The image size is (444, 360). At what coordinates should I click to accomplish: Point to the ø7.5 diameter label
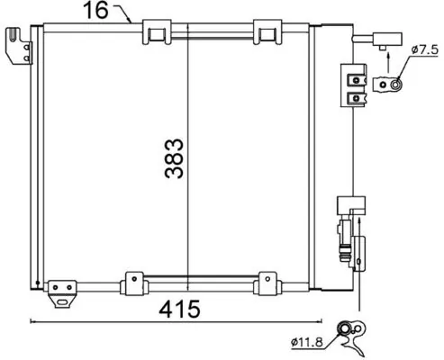coord(422,50)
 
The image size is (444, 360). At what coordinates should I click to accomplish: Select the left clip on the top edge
coord(156,32)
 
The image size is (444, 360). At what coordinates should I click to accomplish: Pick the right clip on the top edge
coord(267,32)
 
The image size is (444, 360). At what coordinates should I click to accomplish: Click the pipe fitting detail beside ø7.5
coord(389,85)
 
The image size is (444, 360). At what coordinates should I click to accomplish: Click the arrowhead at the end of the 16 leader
coord(131,20)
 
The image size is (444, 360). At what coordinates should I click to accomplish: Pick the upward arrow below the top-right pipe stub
coord(387,55)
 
